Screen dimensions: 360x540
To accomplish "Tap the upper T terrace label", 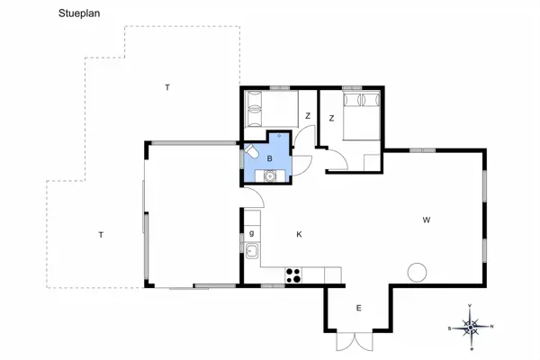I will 166,87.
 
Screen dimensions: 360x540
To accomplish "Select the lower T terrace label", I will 101,235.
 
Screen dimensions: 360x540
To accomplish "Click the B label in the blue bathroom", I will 269,158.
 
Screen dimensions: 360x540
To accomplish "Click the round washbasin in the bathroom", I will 269,175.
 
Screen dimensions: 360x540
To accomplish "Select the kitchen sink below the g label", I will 253,251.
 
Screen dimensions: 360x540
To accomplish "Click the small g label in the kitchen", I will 251,234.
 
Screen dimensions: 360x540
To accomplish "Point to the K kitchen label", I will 299,235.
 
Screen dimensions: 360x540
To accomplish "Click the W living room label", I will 428,220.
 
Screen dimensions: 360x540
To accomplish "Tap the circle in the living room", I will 418,271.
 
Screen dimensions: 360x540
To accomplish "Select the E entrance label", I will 358,309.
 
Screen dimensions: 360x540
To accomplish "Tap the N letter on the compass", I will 490,327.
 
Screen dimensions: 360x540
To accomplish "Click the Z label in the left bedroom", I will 308,116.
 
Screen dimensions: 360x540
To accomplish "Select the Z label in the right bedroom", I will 331,118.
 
